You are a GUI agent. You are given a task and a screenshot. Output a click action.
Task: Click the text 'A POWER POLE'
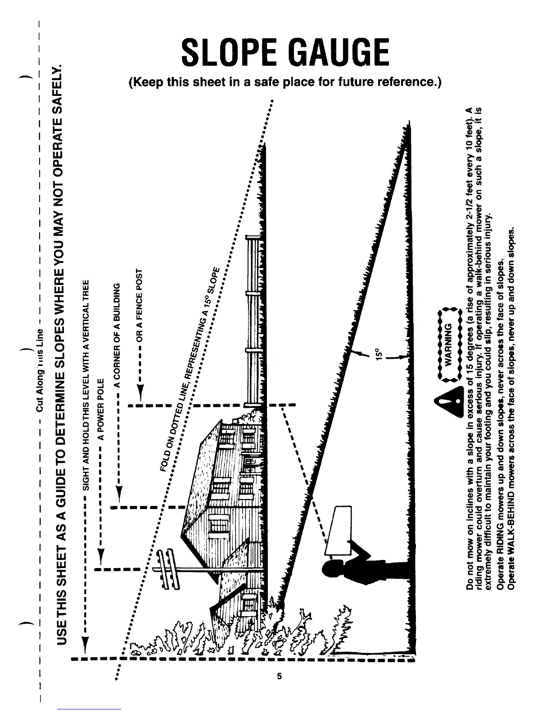[102, 407]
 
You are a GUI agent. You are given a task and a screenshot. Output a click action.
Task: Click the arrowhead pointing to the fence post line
[140, 395]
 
